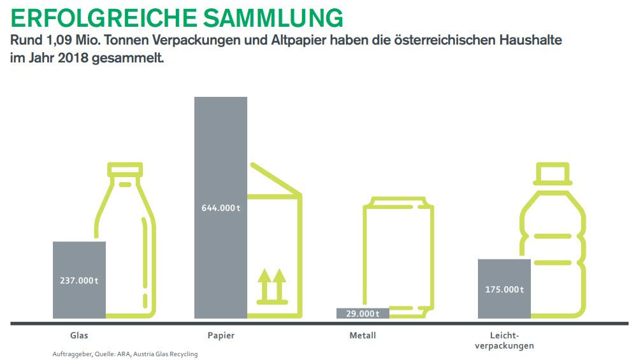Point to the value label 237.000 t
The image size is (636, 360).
tap(79, 280)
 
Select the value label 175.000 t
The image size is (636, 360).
tap(504, 289)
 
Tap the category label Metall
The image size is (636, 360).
tap(362, 335)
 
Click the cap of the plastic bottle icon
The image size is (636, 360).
tap(552, 173)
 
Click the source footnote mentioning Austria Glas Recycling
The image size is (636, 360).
tap(125, 354)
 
